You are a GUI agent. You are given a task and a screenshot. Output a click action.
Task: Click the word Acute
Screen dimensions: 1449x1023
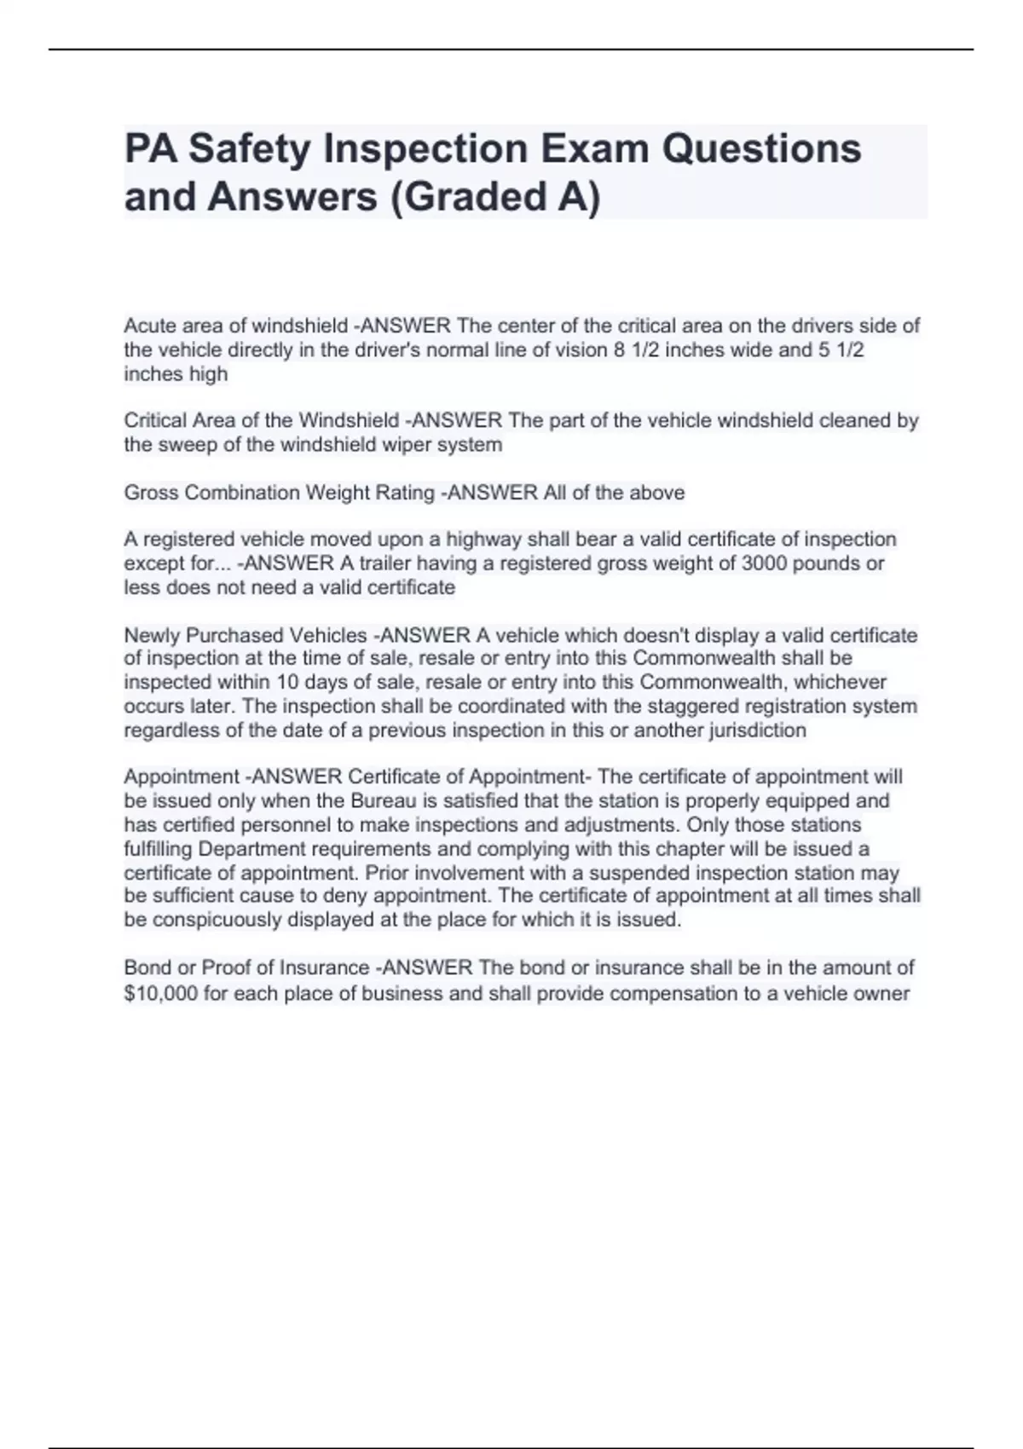click(150, 326)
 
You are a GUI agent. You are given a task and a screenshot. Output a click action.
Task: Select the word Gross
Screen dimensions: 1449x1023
click(151, 493)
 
